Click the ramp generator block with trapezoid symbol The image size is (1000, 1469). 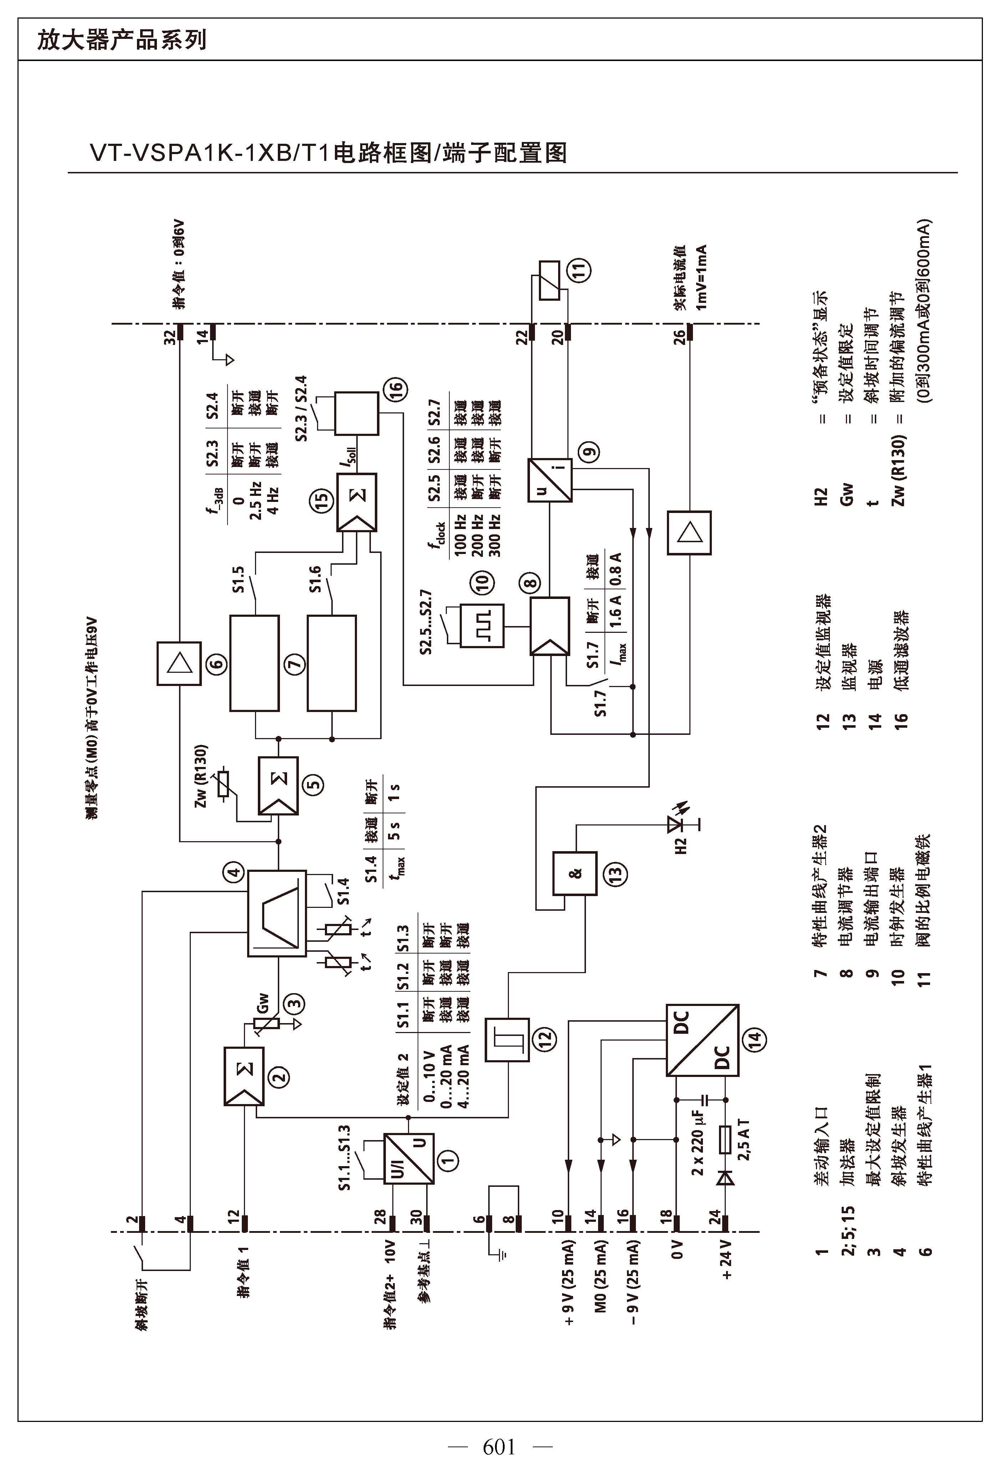[276, 913]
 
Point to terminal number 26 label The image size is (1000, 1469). [679, 337]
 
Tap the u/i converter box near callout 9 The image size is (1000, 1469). [550, 480]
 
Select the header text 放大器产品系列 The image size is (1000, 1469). [122, 40]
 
